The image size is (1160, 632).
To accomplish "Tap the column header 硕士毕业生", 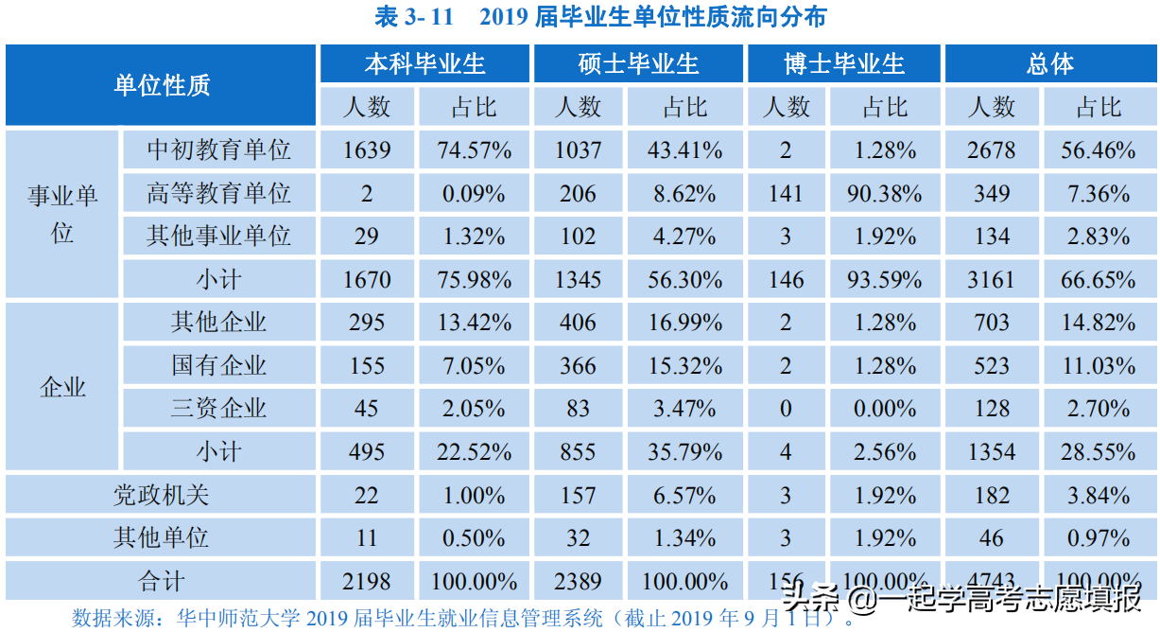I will pyautogui.click(x=638, y=63).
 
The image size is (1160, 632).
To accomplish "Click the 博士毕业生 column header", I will pyautogui.click(x=844, y=63).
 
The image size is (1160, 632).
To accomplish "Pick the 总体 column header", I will pyautogui.click(x=1049, y=63).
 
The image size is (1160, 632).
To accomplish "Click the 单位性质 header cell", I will pyautogui.click(x=161, y=85).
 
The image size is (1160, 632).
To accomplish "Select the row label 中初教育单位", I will pyautogui.click(x=218, y=149).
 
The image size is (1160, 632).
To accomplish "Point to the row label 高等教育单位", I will pyautogui.click(x=218, y=193).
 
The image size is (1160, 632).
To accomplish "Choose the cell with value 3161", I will pyautogui.click(x=991, y=279).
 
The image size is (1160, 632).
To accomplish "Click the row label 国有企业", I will pyautogui.click(x=218, y=365).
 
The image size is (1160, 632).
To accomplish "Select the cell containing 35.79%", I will pyautogui.click(x=684, y=451).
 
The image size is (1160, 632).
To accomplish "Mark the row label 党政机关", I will pyautogui.click(x=161, y=495).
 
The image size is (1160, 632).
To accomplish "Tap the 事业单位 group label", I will pyautogui.click(x=62, y=214).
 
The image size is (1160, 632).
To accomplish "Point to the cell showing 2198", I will pyautogui.click(x=367, y=581).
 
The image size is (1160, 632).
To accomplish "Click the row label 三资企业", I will pyautogui.click(x=218, y=409).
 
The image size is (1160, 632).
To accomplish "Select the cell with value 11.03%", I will pyautogui.click(x=1098, y=365).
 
